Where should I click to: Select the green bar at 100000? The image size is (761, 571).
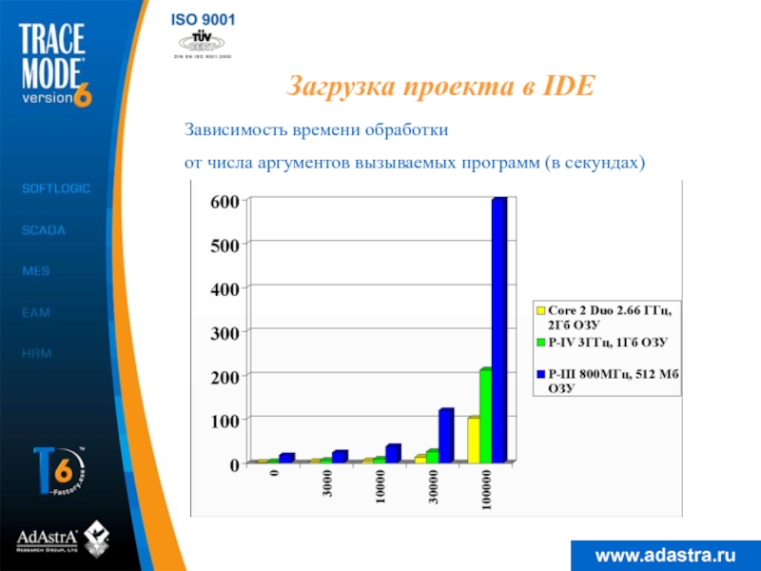click(x=485, y=416)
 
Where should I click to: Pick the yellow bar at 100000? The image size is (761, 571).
click(x=473, y=440)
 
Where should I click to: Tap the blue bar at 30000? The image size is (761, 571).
click(x=445, y=436)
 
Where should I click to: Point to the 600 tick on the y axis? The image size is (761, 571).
click(x=224, y=202)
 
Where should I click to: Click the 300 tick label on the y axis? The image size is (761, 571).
click(x=224, y=331)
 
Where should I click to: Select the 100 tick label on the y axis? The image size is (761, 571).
click(x=224, y=420)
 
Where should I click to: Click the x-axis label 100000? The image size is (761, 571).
click(x=486, y=492)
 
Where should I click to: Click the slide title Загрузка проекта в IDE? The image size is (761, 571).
click(x=440, y=88)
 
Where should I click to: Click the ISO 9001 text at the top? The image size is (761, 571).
click(x=204, y=19)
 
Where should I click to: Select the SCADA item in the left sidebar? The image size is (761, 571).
click(x=44, y=230)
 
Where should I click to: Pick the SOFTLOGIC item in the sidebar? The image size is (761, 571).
click(x=56, y=189)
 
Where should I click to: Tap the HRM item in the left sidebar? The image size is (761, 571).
click(x=37, y=353)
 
